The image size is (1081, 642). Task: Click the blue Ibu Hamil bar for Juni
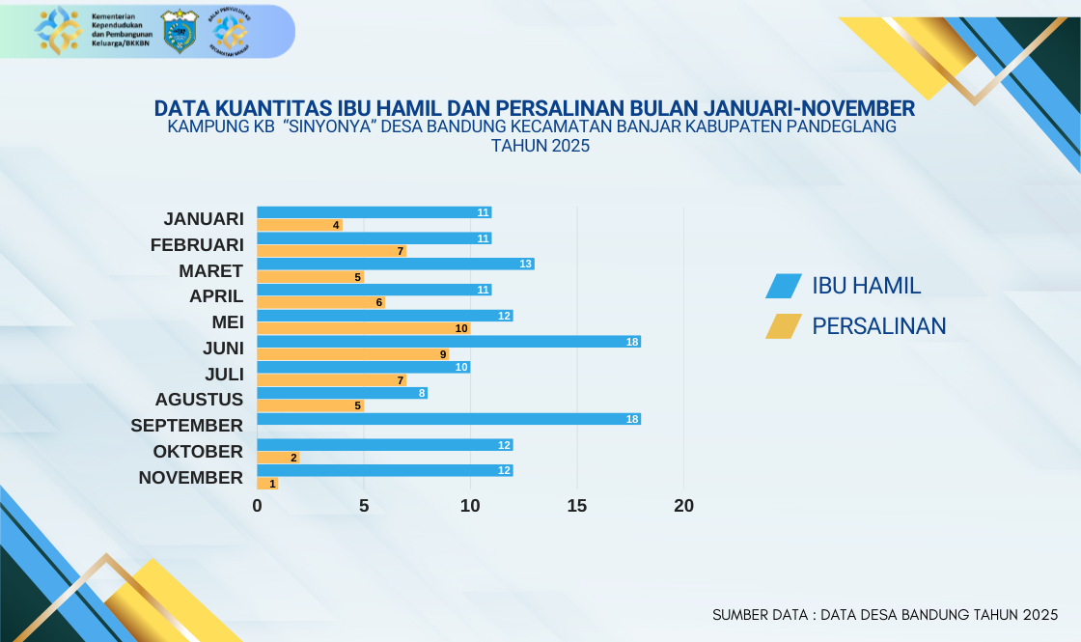449,342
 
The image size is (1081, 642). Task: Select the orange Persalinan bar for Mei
363,328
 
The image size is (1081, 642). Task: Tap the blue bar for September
449,419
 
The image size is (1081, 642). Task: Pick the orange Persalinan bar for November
267,484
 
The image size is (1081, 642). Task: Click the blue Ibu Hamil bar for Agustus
342,393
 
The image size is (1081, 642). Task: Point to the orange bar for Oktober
278,458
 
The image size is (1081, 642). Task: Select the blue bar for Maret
396,264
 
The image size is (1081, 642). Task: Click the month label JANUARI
203,219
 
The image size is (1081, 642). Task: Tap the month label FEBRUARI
197,245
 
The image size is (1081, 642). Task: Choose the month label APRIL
216,296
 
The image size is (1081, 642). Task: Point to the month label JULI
223,374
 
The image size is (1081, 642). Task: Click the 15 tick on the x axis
577,506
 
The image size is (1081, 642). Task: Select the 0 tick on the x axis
257,506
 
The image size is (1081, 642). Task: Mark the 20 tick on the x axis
684,506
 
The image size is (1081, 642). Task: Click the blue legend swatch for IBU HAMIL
784,286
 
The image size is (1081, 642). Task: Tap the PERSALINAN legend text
879,326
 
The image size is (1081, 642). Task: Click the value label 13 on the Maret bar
526,264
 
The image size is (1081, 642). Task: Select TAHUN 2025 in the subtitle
540,146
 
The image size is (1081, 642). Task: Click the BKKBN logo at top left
56,31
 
